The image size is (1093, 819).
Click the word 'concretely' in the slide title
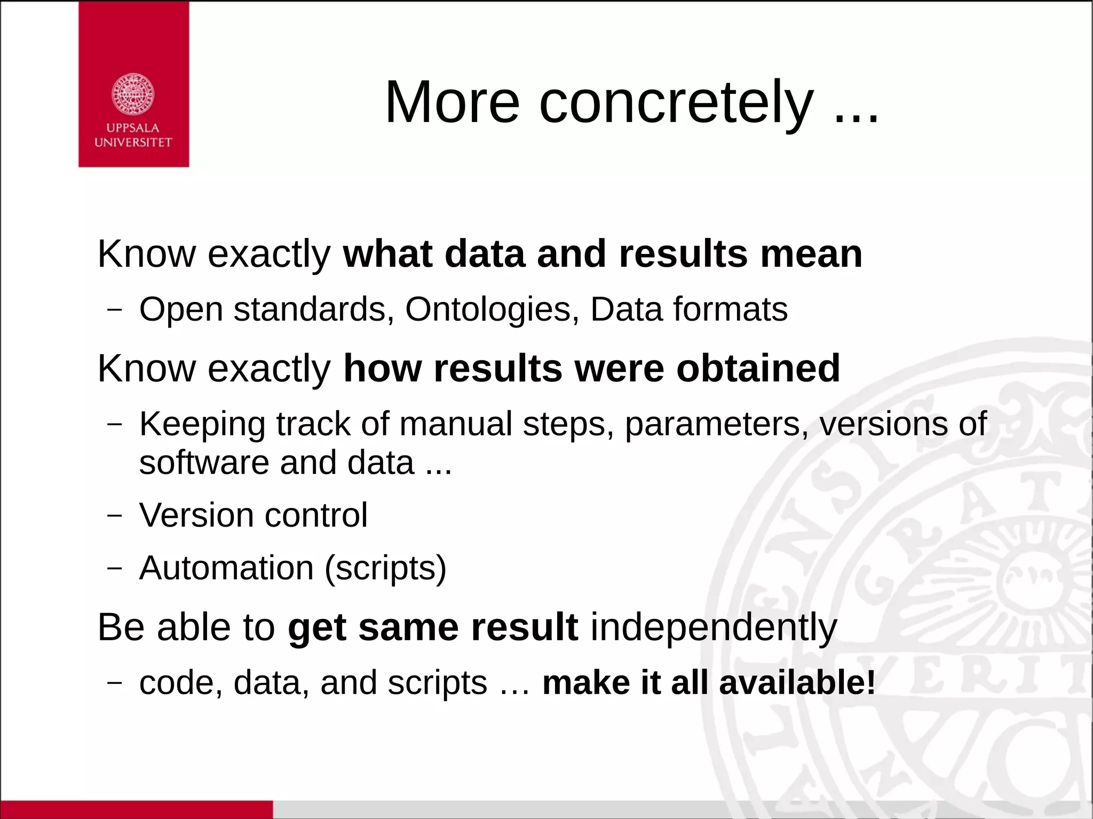point(676,102)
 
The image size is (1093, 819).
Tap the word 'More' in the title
point(452,102)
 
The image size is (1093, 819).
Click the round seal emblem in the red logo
point(133,94)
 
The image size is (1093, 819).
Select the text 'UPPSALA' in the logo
point(133,128)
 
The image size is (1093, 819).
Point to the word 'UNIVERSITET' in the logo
point(133,142)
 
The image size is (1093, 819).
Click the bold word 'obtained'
point(758,369)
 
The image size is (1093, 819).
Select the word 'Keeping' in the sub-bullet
point(202,425)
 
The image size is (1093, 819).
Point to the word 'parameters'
point(713,425)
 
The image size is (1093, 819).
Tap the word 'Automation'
point(226,568)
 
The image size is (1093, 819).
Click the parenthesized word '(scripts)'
point(385,568)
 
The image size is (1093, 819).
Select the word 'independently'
point(714,627)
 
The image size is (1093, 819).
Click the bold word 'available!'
point(797,683)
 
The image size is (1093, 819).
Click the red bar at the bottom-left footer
point(136,809)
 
